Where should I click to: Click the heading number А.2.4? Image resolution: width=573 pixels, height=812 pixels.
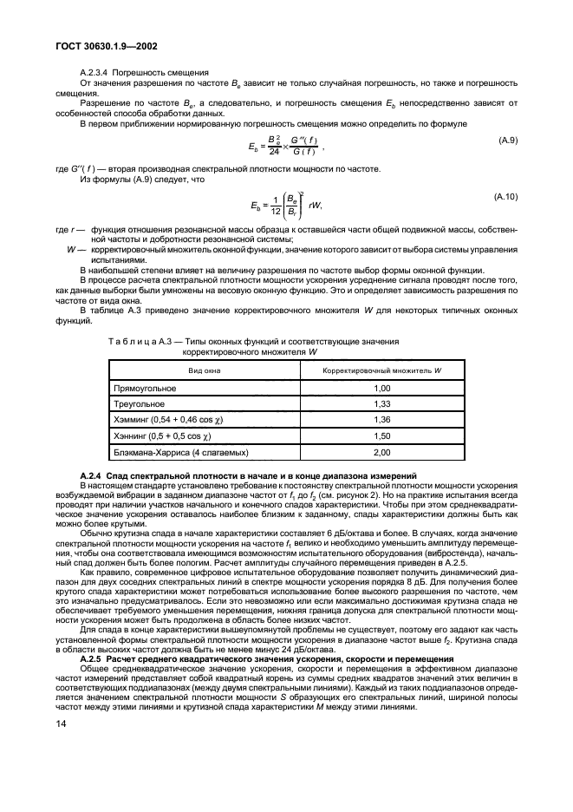(92, 476)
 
